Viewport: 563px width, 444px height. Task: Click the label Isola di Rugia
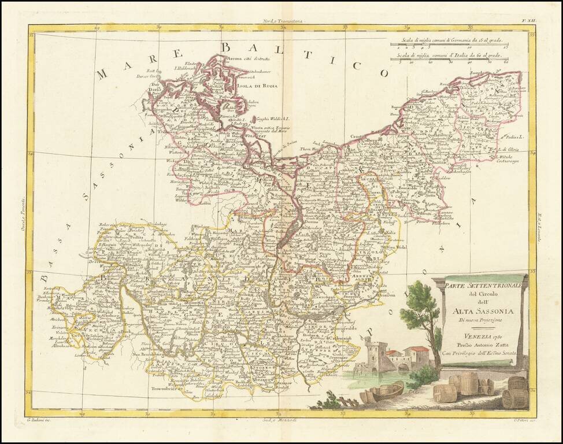[258, 86]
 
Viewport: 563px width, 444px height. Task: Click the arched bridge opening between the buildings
[401, 365]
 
